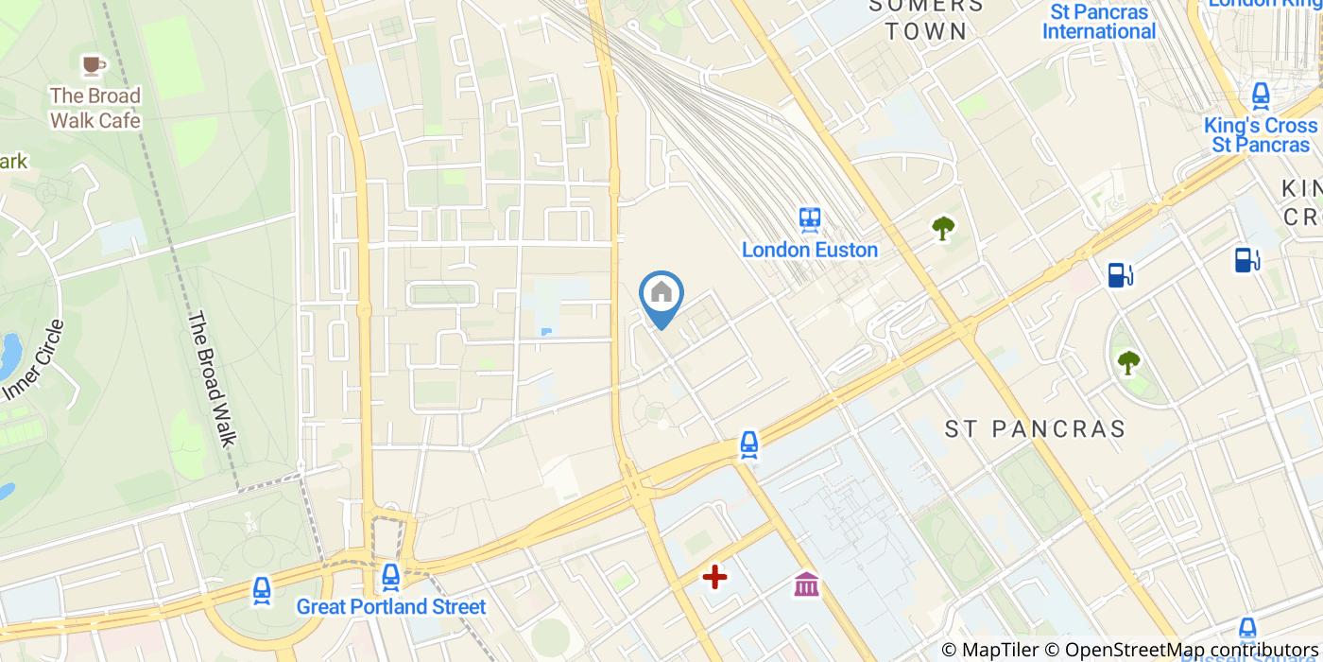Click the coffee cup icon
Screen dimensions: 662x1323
92,64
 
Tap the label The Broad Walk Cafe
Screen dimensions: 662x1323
94,108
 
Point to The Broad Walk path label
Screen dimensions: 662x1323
211,378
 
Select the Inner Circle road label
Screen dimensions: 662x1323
34,360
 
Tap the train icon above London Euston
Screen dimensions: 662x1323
810,219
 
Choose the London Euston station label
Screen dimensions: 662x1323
810,251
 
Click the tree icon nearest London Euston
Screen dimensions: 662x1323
942,228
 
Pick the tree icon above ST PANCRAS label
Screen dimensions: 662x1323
1128,361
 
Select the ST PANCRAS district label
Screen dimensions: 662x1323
1036,429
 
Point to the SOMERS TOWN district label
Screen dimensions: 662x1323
926,18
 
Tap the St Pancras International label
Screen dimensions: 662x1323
1099,22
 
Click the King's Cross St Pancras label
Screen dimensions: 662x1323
1261,135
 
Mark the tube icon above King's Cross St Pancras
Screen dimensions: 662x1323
1260,96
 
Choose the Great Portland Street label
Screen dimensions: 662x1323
391,607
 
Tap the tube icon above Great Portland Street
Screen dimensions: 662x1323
390,575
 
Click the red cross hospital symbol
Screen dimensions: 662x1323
714,576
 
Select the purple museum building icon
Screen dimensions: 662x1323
806,584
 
